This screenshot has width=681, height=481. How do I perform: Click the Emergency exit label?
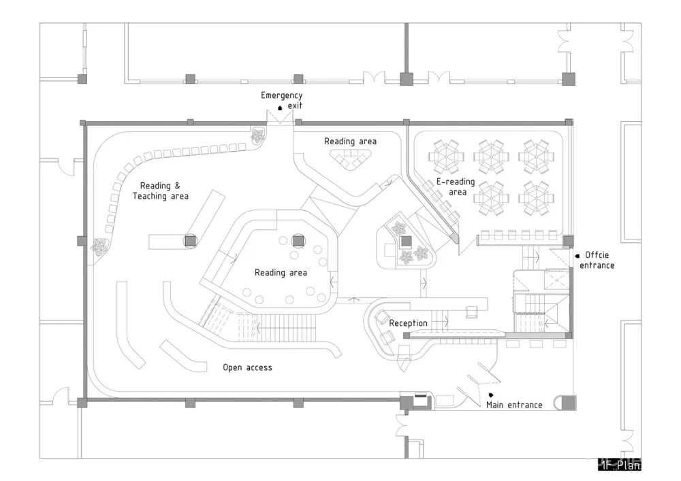point(281,100)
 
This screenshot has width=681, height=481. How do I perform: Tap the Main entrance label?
point(514,405)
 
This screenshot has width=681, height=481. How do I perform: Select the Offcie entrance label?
point(596,260)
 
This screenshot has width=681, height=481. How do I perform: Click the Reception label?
point(408,323)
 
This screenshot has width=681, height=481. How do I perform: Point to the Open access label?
point(247,367)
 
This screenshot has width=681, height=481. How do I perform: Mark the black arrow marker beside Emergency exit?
point(280,109)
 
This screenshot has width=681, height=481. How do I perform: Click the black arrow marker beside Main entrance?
point(491,395)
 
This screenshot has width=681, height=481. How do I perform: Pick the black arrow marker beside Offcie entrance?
point(577,256)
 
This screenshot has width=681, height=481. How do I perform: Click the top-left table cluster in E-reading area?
point(447,156)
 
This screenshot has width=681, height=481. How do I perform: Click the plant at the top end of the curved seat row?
point(258,136)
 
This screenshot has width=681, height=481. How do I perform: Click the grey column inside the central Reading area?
point(298,239)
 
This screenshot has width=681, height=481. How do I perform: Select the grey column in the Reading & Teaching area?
point(190,240)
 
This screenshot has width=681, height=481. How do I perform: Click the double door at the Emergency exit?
point(280,117)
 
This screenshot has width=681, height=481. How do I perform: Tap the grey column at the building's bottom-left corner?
point(82,403)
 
